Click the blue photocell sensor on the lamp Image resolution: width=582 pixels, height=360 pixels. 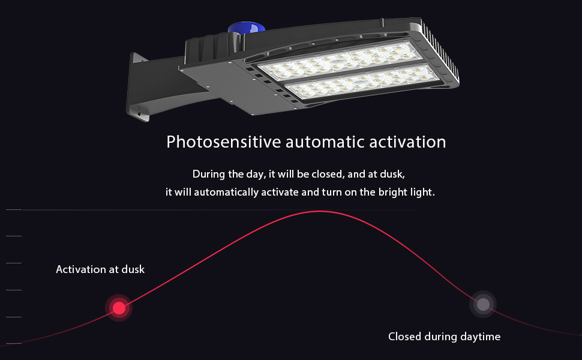(x=246, y=28)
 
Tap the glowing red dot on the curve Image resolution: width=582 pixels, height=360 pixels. (x=119, y=308)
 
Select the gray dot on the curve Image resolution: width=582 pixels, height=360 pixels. (x=483, y=304)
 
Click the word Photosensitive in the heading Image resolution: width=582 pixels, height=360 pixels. (x=223, y=142)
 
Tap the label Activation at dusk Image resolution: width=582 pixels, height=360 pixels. (x=100, y=269)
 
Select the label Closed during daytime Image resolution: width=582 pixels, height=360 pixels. (x=444, y=337)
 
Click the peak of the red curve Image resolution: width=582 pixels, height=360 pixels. (x=319, y=211)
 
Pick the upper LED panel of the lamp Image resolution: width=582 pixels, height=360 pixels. (x=340, y=61)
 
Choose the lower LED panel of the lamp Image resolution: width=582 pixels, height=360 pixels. (x=362, y=82)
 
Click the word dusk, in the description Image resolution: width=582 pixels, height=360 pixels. (x=393, y=174)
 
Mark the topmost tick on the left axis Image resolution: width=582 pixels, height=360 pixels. (x=14, y=209)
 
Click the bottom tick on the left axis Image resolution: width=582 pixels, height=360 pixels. (x=14, y=344)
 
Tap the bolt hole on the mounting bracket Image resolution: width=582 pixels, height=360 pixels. (x=139, y=113)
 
